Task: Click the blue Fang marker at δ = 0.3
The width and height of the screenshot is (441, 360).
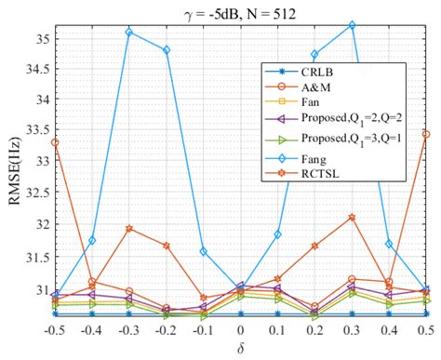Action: [x=352, y=25]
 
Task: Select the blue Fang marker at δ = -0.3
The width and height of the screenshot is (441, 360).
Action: [x=129, y=32]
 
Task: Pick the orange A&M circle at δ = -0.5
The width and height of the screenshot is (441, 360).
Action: [x=55, y=142]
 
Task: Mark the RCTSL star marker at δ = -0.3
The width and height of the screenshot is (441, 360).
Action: [x=129, y=228]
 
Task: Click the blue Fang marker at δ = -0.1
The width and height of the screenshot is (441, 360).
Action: [x=204, y=251]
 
